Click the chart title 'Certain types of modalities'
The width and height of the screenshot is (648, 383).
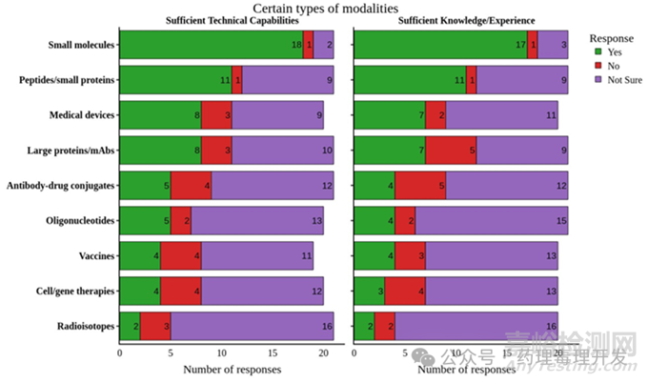323,9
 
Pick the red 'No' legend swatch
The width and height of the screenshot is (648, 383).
597,66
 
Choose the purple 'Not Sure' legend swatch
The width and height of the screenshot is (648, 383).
597,80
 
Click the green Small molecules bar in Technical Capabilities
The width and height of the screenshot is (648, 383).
211,45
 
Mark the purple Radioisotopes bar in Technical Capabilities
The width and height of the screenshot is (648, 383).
252,326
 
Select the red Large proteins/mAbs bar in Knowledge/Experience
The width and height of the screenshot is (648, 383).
451,150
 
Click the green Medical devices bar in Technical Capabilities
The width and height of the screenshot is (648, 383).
160,115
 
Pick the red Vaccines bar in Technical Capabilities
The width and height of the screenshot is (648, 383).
180,255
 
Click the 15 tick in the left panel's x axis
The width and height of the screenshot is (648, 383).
273,351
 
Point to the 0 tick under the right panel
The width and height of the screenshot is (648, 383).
354,351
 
